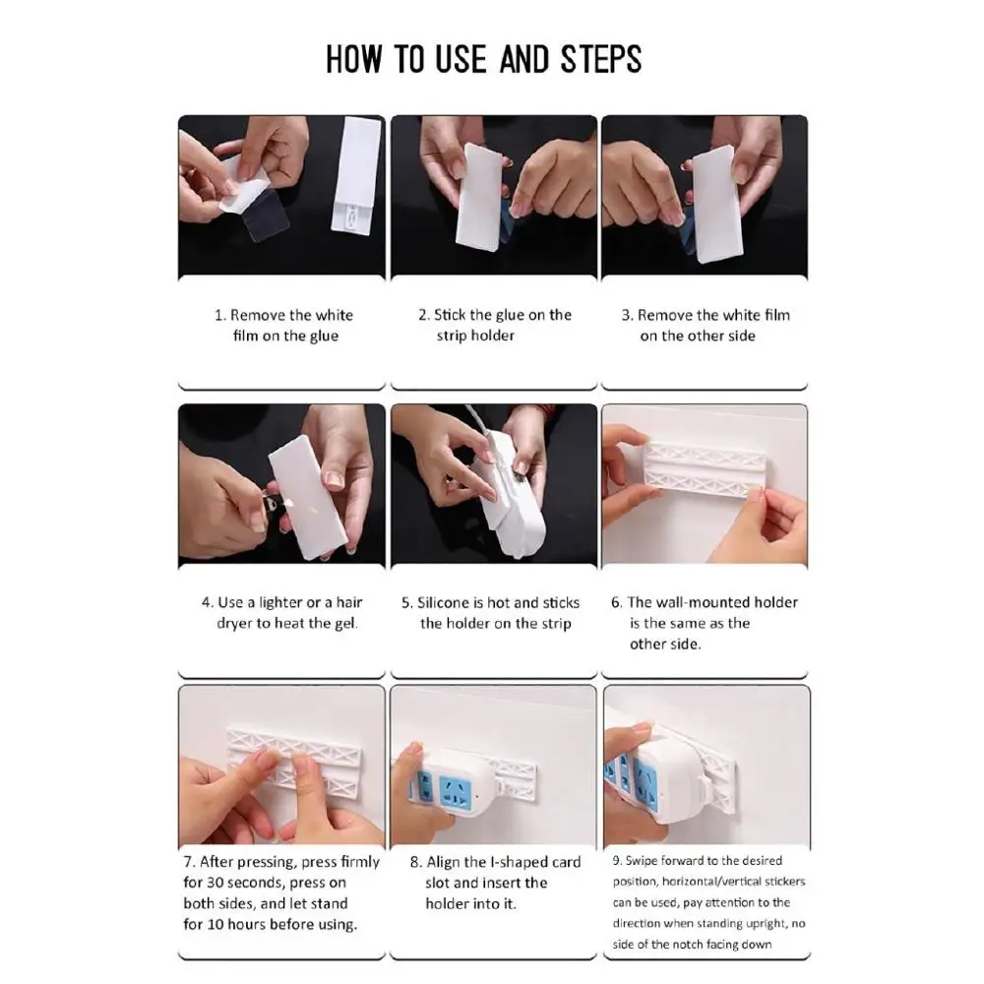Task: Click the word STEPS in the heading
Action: click(x=600, y=60)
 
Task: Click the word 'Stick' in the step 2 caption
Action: click(x=450, y=315)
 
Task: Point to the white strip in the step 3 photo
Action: click(x=716, y=203)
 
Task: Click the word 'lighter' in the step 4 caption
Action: click(x=280, y=602)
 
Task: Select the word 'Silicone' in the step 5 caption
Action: click(x=443, y=603)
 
